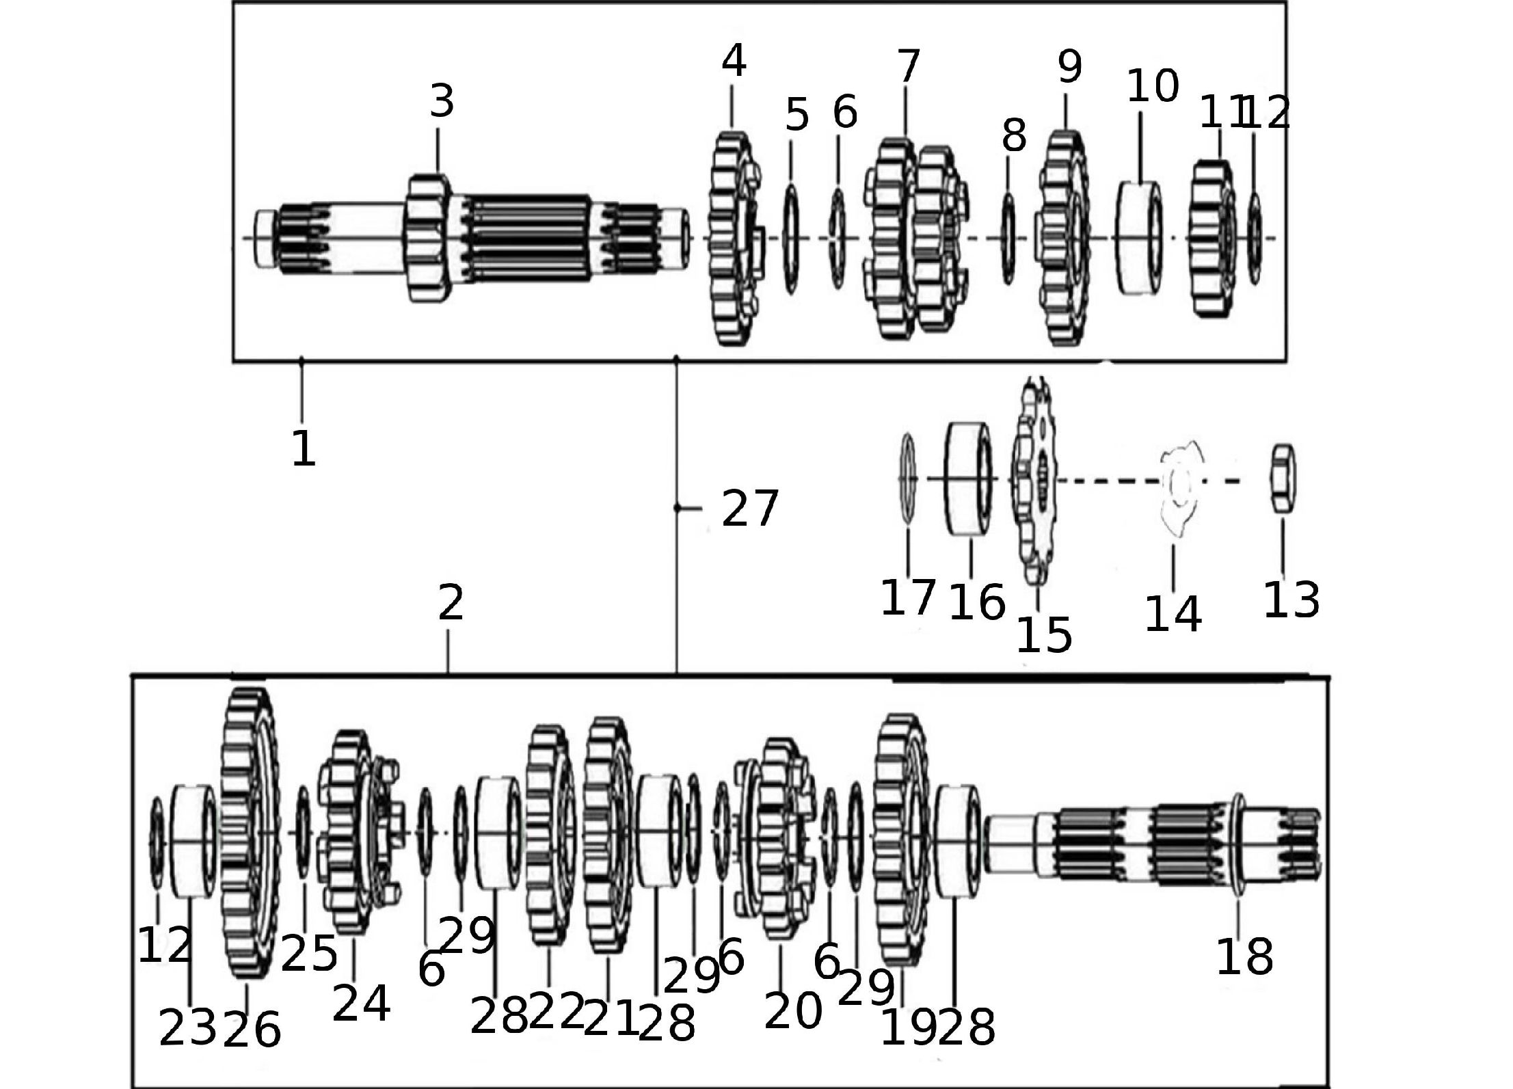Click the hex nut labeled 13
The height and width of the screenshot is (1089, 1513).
pyautogui.click(x=1283, y=479)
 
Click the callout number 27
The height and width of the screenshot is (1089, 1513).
pyautogui.click(x=750, y=509)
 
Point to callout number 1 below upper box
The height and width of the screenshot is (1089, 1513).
pyautogui.click(x=303, y=448)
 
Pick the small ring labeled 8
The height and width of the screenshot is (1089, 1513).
pyautogui.click(x=1008, y=238)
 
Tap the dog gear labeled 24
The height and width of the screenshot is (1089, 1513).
pyautogui.click(x=354, y=833)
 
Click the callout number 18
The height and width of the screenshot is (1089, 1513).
pyautogui.click(x=1244, y=957)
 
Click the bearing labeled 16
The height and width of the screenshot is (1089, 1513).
pyautogui.click(x=969, y=479)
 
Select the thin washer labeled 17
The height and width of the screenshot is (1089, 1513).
pyautogui.click(x=908, y=479)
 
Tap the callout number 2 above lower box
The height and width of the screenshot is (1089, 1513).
pyautogui.click(x=451, y=603)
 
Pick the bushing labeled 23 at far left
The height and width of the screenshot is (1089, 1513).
pyautogui.click(x=192, y=840)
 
